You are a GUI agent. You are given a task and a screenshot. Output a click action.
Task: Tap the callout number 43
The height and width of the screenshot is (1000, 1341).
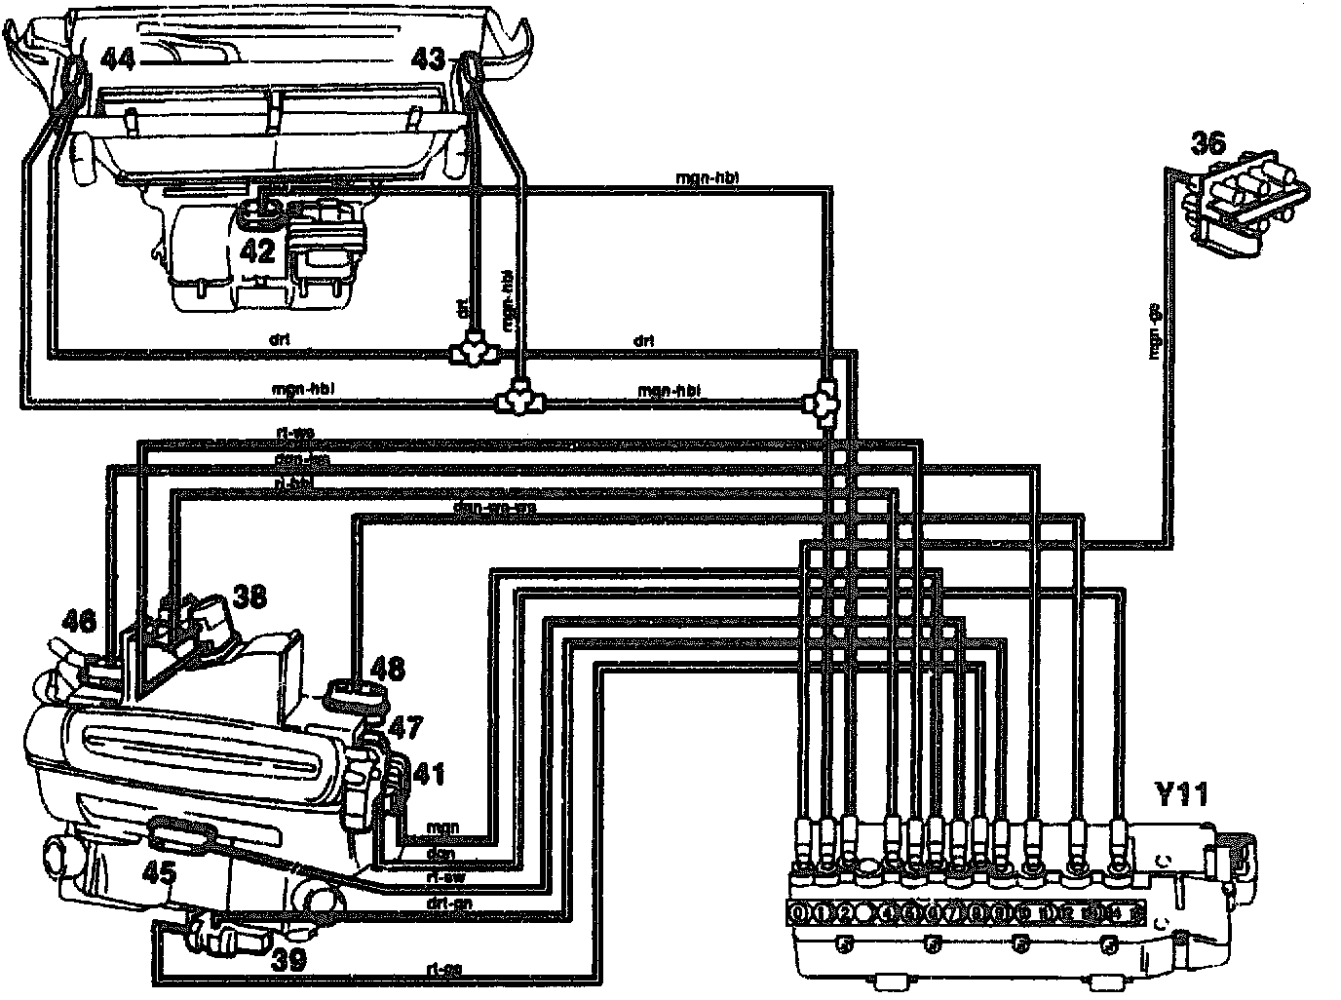pos(427,60)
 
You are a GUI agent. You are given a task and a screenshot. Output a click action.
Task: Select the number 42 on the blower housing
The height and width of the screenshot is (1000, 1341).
pos(257,251)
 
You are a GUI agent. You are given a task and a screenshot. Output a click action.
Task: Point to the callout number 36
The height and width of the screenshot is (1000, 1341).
pos(1211,143)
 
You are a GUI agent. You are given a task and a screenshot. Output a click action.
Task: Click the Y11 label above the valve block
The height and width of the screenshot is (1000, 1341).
pos(1181,794)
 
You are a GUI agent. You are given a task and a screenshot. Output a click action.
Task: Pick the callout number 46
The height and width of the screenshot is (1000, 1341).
pos(81,622)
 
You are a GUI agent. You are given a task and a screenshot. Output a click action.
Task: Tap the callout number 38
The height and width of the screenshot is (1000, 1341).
pos(249,596)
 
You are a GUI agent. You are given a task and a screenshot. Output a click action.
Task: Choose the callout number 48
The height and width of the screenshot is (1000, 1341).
pos(388,669)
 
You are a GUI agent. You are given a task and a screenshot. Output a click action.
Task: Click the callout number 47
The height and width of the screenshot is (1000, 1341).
pos(406,728)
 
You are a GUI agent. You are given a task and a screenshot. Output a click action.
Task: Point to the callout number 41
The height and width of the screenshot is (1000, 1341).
pos(429,775)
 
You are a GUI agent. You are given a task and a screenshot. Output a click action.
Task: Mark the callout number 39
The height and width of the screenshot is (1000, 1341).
pos(288,960)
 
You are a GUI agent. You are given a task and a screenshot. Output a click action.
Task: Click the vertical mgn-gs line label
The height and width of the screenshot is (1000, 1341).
pos(1155,332)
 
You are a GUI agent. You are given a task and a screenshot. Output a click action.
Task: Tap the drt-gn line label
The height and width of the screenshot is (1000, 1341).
pos(443,904)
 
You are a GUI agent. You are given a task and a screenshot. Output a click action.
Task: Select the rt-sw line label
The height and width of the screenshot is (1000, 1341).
pos(443,876)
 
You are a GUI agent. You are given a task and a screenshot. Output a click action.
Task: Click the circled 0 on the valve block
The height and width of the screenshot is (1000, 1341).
pos(799,913)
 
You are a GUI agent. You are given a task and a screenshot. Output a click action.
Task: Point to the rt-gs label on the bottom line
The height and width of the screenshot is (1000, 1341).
pos(443,970)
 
